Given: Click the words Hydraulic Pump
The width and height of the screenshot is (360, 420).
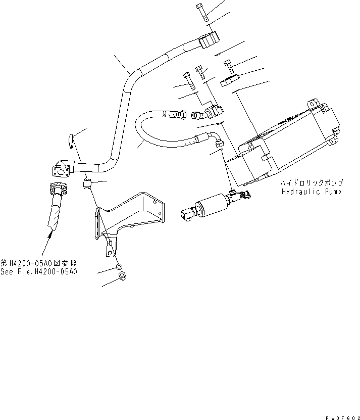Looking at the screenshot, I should pyautogui.click(x=312, y=192).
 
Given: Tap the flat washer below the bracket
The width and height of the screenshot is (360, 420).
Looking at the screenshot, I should pyautogui.click(x=118, y=266).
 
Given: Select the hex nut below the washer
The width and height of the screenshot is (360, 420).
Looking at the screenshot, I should pyautogui.click(x=122, y=276).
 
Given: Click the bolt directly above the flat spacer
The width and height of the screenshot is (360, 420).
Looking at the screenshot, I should pyautogui.click(x=228, y=65).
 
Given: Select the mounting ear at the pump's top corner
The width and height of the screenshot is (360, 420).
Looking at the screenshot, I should pyautogui.click(x=315, y=106).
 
